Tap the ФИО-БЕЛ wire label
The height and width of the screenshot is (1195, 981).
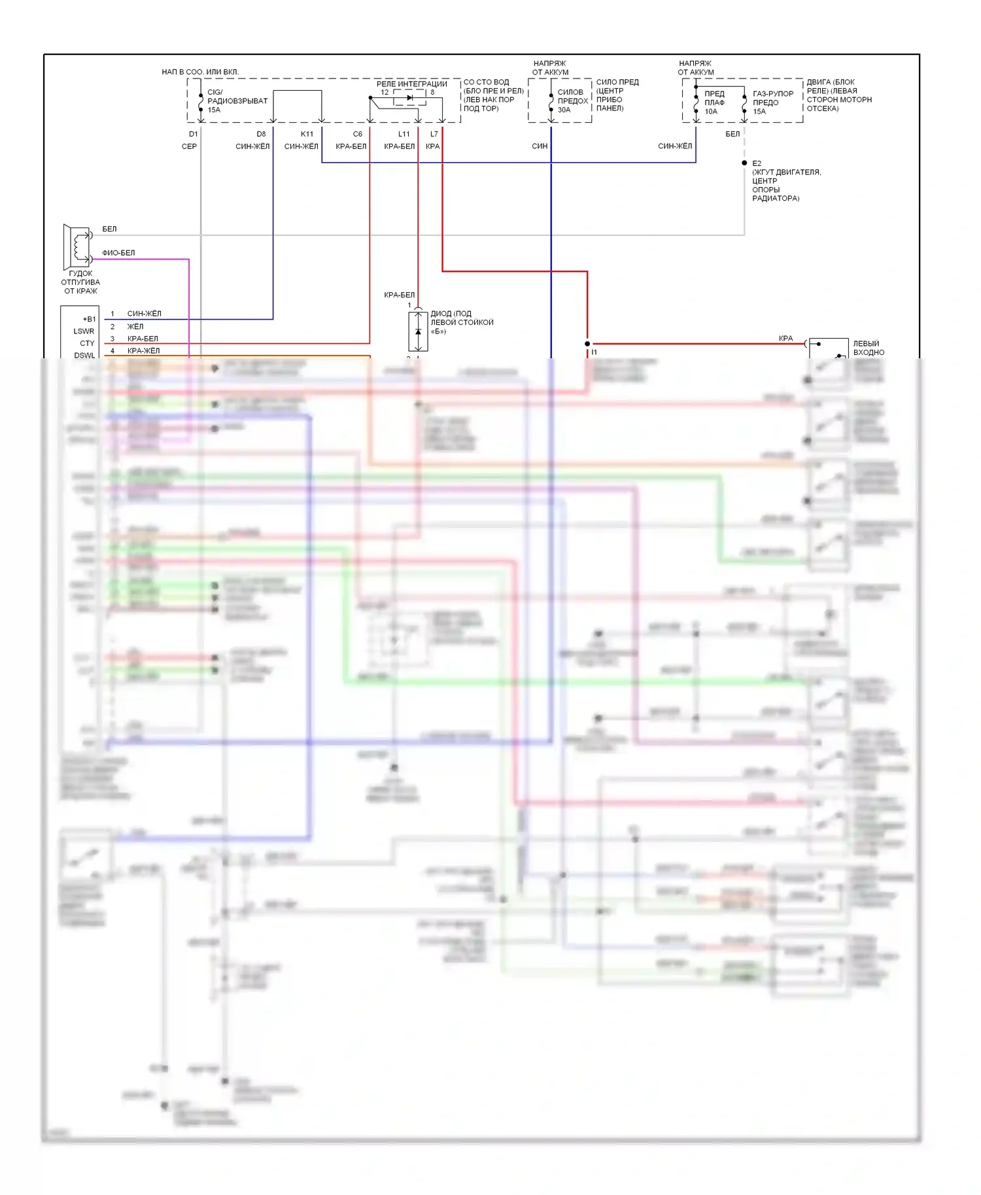[x=118, y=253]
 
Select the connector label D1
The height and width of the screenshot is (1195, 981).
[x=194, y=134]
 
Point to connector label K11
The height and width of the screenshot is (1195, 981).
[x=307, y=134]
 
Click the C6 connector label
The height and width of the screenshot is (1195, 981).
[x=357, y=134]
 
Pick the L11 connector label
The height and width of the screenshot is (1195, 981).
[x=404, y=134]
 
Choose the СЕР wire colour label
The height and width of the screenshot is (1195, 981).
[x=189, y=146]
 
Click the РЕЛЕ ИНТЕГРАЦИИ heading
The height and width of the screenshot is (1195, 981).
[x=411, y=84]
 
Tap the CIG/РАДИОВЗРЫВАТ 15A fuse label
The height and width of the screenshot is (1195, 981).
[x=237, y=101]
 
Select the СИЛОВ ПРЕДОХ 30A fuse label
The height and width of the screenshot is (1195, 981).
[x=572, y=101]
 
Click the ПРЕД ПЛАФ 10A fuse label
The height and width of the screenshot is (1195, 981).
[x=714, y=103]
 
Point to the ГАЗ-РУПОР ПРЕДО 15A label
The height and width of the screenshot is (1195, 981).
[x=772, y=103]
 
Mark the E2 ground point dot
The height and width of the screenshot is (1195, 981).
[x=744, y=163]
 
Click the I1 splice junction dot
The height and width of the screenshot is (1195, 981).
[x=587, y=344]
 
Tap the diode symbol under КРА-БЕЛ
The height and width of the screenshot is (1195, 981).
[x=419, y=331]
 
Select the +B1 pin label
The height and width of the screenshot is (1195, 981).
[x=89, y=319]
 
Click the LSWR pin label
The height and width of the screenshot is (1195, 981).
[x=84, y=331]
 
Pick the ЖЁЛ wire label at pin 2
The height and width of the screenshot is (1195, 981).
[x=135, y=326]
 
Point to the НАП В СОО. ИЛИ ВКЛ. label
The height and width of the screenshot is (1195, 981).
[x=200, y=72]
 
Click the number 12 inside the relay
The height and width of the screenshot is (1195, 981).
[x=385, y=92]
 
